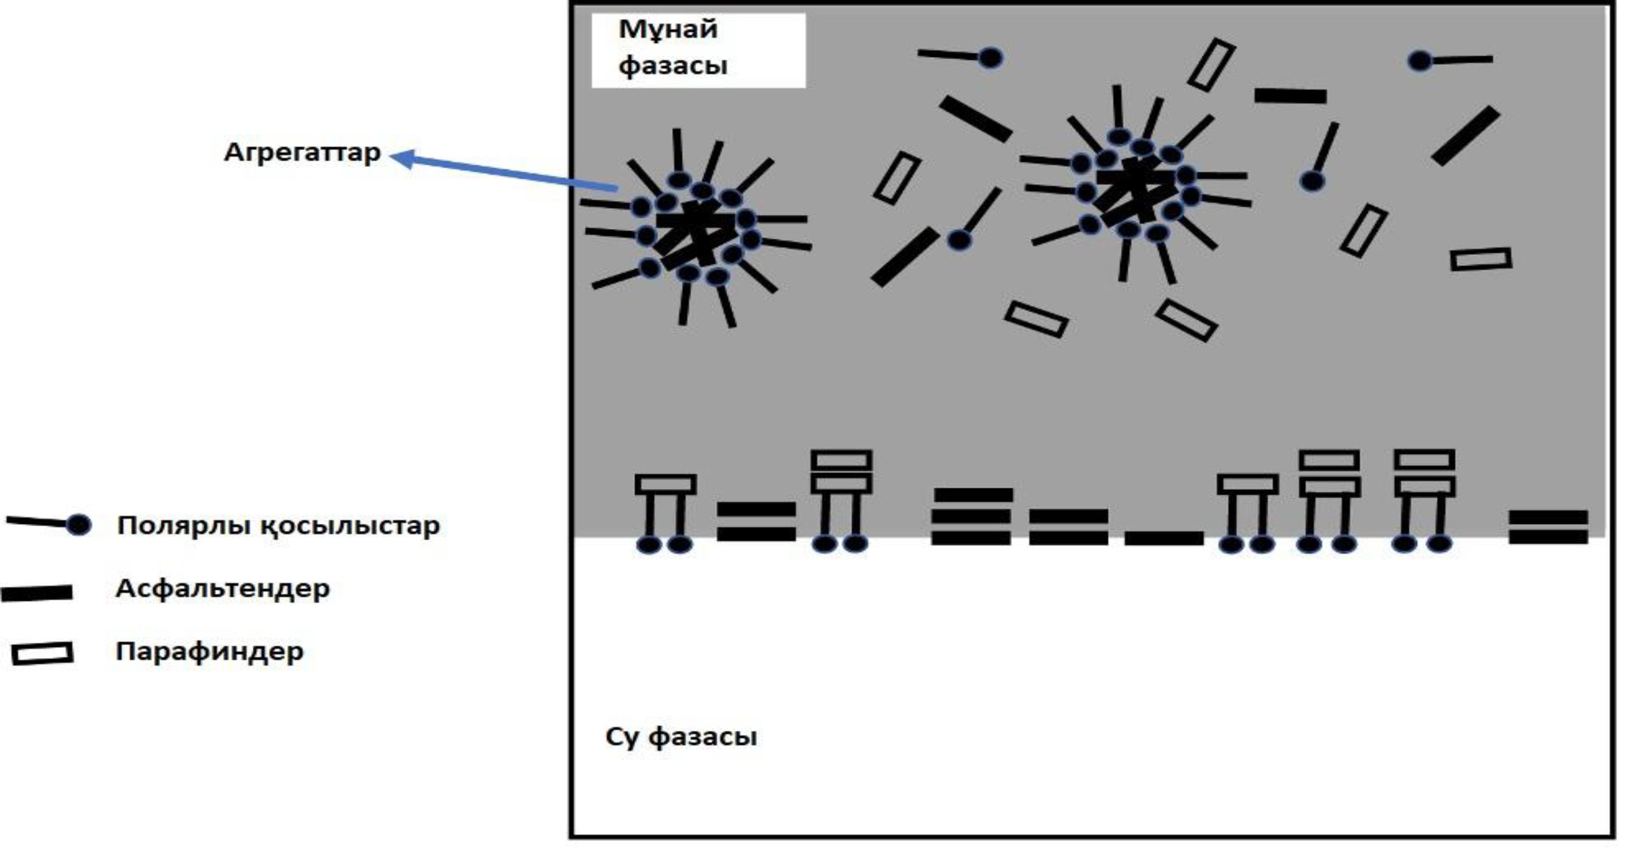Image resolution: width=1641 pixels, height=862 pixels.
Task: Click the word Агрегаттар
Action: click(x=302, y=153)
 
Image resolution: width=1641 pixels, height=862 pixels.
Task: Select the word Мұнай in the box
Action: click(x=668, y=30)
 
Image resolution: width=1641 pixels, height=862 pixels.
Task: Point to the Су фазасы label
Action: click(x=680, y=736)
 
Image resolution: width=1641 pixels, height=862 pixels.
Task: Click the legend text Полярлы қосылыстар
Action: click(x=278, y=526)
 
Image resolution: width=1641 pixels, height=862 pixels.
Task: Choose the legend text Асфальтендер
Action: click(x=223, y=588)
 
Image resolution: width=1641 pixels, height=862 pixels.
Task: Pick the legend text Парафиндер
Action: click(x=210, y=651)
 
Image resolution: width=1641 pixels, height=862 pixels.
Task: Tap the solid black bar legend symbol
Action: click(x=37, y=593)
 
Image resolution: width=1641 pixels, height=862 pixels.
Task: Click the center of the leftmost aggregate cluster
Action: click(x=696, y=232)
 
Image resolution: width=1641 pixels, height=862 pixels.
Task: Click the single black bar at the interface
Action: click(x=1164, y=538)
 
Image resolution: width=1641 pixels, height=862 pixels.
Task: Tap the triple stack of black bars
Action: click(x=972, y=516)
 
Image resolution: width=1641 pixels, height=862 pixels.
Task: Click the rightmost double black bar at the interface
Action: click(x=1548, y=527)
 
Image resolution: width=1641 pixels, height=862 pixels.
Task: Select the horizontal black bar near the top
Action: click(x=1290, y=96)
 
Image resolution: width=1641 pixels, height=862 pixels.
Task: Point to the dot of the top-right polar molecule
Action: click(x=1420, y=61)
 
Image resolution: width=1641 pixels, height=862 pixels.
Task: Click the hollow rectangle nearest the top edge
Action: click(x=1211, y=64)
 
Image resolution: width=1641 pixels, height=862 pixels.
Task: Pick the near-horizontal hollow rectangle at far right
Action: click(x=1480, y=259)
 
